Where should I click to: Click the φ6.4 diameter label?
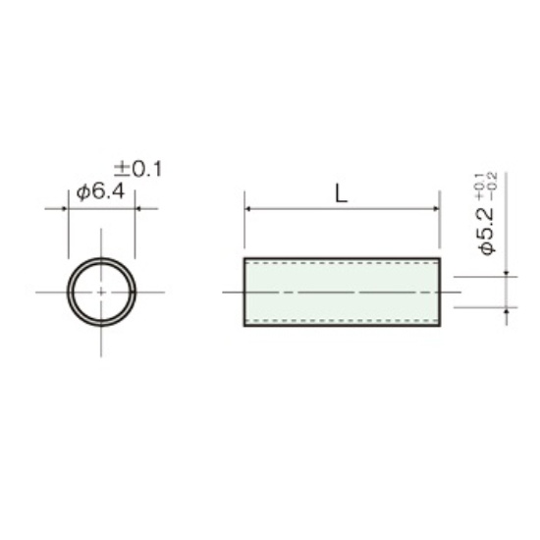pyautogui.click(x=100, y=191)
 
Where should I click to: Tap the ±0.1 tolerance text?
pyautogui.click(x=137, y=169)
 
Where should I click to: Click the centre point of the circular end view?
pyautogui.click(x=101, y=292)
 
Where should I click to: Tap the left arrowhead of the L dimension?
pyautogui.click(x=246, y=209)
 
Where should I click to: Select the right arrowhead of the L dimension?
pyautogui.click(x=437, y=209)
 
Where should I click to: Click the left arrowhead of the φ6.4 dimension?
pyautogui.click(x=64, y=209)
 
